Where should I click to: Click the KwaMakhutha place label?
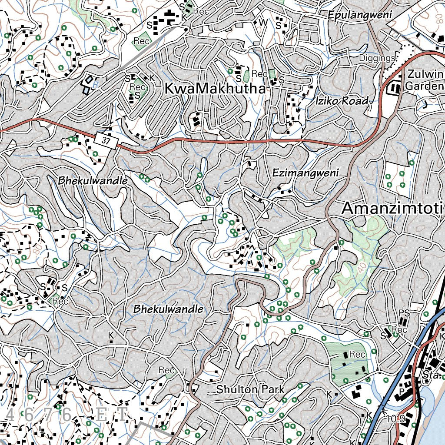[215, 89]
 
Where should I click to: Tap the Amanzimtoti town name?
[392, 208]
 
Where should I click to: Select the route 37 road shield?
[106, 141]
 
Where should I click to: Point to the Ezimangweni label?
[305, 173]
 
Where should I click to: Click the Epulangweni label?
[360, 15]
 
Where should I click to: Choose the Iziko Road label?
[342, 101]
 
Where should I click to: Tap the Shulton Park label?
[250, 389]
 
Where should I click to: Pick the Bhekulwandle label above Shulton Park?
[168, 309]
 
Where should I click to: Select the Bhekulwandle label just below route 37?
[93, 180]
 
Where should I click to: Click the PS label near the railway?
[404, 313]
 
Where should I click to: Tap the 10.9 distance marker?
[395, 419]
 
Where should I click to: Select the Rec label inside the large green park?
[357, 355]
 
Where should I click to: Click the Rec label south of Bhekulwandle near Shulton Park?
[166, 370]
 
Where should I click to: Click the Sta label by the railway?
[430, 375]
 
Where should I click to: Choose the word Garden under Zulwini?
[424, 86]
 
